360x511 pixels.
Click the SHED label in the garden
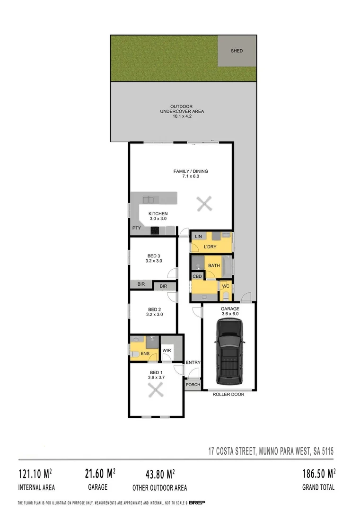coord(237,51)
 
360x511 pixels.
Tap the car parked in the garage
coord(229,351)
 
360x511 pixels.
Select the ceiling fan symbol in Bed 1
coord(156,391)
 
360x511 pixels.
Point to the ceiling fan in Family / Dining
coord(204,204)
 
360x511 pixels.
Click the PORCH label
coord(193,385)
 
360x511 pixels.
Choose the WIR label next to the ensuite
coord(167,351)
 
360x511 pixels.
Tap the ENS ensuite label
coord(145,353)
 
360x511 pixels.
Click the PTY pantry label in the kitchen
coord(137,228)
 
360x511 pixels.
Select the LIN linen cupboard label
coord(198,236)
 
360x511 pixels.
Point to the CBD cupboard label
coord(197,276)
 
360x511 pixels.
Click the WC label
coord(226,286)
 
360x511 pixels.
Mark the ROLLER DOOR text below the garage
coord(228,394)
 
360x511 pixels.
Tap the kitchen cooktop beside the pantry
coord(155,231)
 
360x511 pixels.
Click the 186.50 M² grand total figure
coord(319,473)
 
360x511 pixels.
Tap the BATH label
coord(214,265)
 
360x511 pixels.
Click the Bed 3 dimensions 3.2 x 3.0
coord(154,261)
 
